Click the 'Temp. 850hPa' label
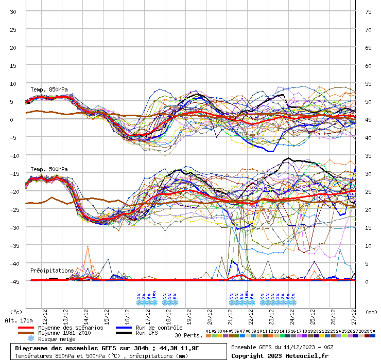[49, 90]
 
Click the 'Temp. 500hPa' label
[49, 169]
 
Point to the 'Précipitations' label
[52, 271]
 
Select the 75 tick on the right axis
[368, 12]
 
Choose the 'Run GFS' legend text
[146, 333]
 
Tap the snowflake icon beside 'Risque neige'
[31, 339]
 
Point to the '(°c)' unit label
[16, 312]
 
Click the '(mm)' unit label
[372, 312]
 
